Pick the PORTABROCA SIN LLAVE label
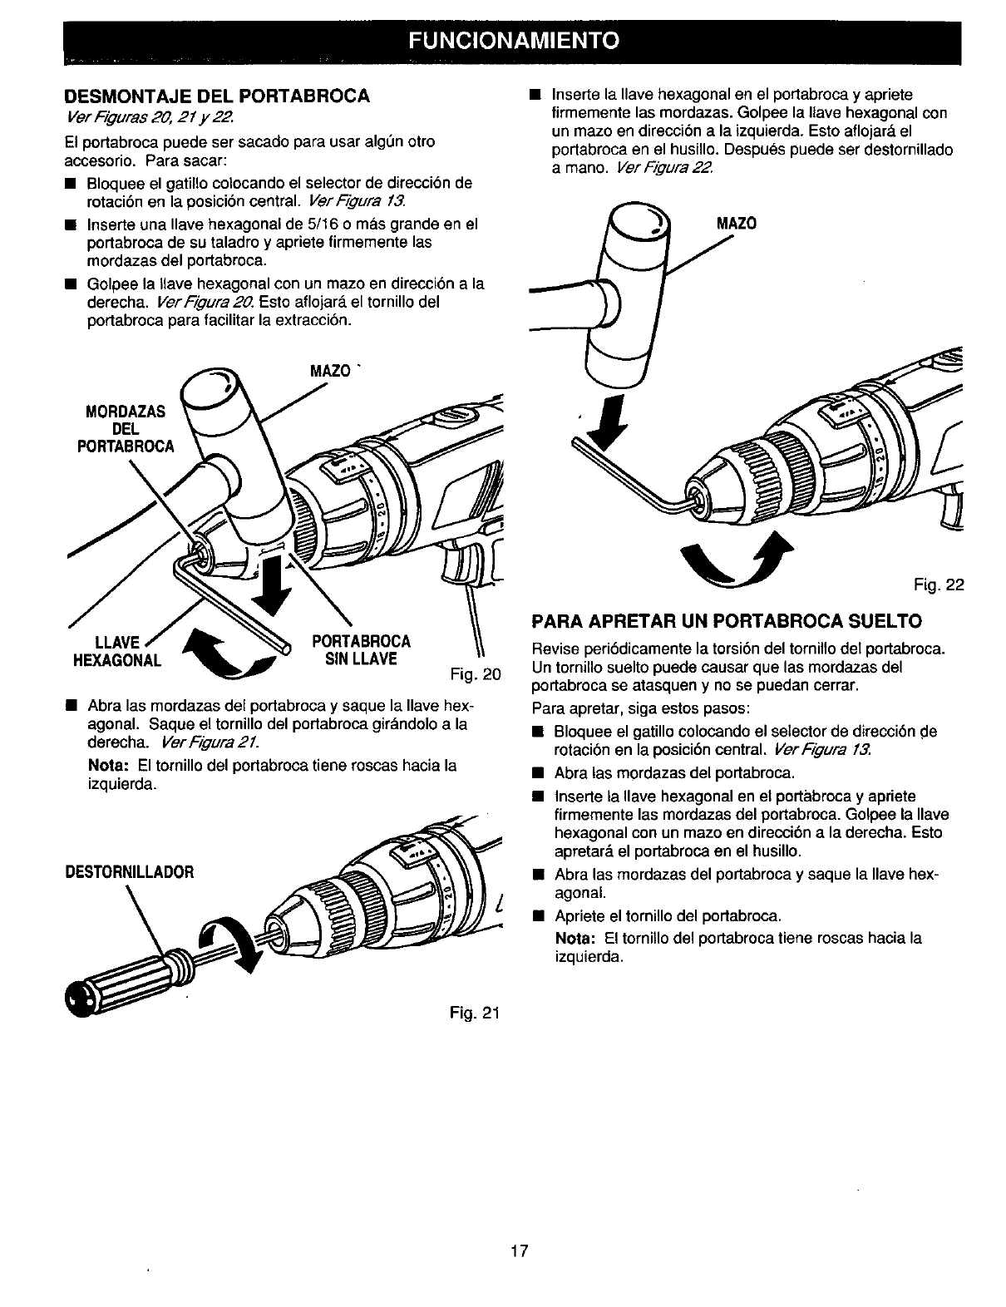click(x=360, y=650)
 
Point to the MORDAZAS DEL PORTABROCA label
click(x=126, y=428)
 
